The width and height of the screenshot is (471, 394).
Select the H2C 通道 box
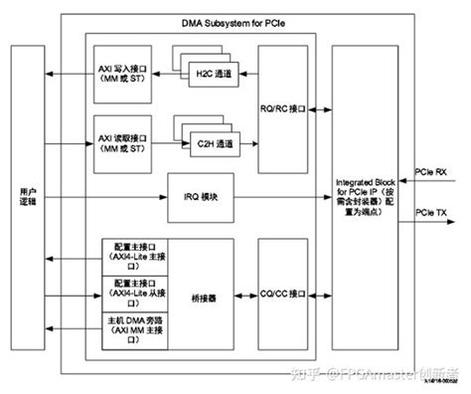point(208,73)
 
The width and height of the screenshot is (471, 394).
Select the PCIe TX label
point(431,212)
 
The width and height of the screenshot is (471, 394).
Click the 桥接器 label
point(204,295)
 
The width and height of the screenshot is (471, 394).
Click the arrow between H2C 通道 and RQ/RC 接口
point(246,73)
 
